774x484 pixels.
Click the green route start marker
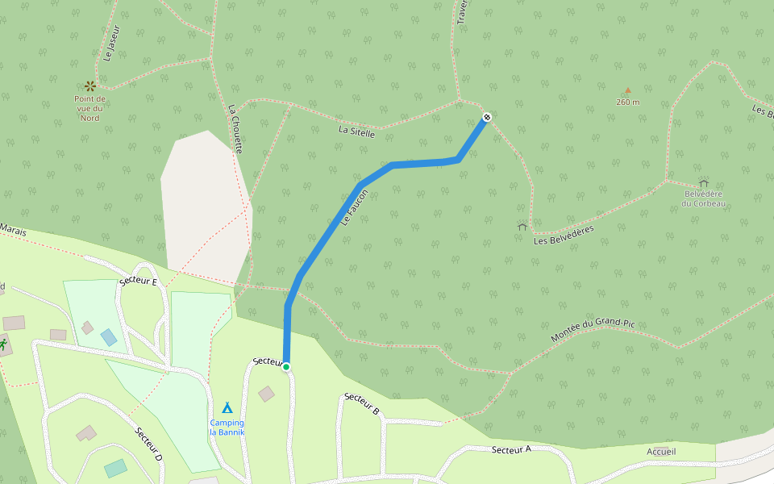(285, 367)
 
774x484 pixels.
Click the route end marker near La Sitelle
(486, 118)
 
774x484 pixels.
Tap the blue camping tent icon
(227, 408)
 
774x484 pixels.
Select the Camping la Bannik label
(227, 428)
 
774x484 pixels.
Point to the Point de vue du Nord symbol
(89, 86)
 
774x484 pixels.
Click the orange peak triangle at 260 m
(627, 91)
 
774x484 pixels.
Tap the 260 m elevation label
(627, 102)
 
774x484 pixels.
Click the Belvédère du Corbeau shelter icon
(703, 183)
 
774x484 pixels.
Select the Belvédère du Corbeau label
(703, 198)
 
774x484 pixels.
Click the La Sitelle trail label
(356, 131)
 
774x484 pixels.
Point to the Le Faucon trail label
(354, 207)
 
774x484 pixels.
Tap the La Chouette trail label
(235, 129)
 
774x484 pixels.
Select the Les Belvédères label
(564, 235)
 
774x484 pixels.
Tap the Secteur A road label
(510, 449)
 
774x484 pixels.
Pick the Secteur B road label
(361, 403)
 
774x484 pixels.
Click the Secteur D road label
(148, 444)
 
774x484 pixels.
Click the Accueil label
(661, 451)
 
